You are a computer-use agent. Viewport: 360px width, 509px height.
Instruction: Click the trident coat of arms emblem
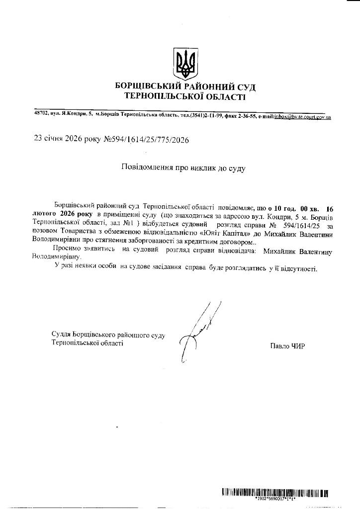coord(185,64)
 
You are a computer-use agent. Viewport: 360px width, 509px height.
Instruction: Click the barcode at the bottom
coord(275,493)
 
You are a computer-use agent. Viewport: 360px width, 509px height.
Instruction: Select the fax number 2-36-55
coord(244,115)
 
